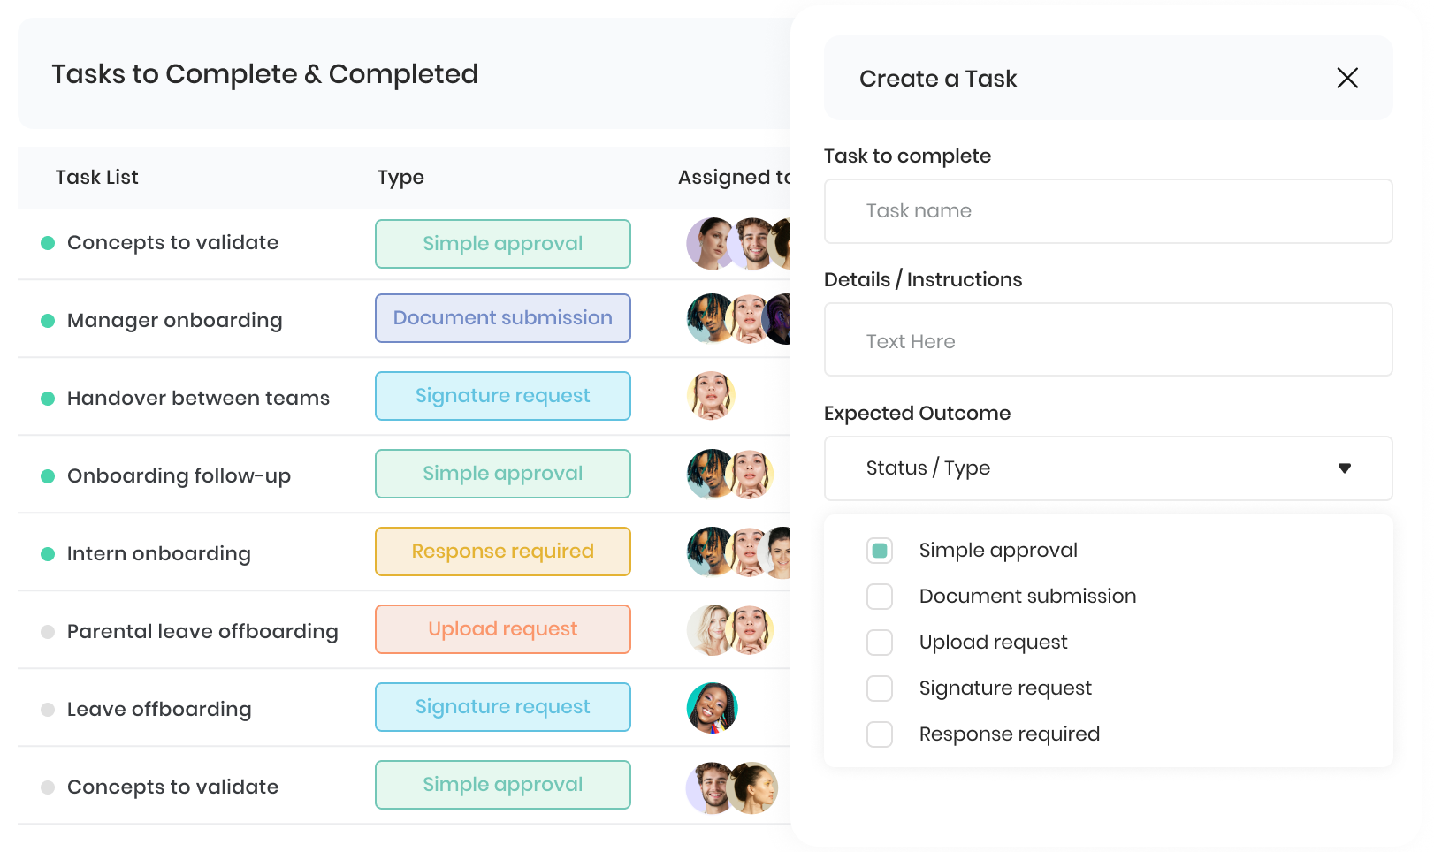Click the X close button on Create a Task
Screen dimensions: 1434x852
click(x=1347, y=78)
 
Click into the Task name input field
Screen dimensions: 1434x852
click(x=1108, y=211)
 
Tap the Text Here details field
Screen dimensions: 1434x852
click(x=1108, y=339)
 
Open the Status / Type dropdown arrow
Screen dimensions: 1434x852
click(x=1345, y=468)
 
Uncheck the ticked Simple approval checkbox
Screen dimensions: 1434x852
click(x=880, y=551)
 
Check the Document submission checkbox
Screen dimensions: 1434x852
click(x=880, y=597)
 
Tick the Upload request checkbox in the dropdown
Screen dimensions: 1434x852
click(x=880, y=642)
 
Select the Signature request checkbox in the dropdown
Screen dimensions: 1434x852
click(x=880, y=688)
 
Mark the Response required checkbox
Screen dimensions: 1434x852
click(x=880, y=734)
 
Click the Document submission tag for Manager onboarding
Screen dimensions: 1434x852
click(x=502, y=318)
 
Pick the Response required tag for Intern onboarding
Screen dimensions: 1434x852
click(x=502, y=552)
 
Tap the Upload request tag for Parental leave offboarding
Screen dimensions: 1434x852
click(x=502, y=629)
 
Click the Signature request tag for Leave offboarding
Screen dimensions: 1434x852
click(x=502, y=707)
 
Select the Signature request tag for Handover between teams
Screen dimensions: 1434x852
click(x=502, y=396)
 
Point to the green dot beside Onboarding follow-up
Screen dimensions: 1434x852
click(x=48, y=476)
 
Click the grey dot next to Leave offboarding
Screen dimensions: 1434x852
click(x=48, y=709)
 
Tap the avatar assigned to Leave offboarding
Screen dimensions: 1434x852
click(x=712, y=707)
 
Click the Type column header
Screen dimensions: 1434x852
click(x=400, y=178)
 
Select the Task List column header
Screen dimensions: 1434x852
click(x=96, y=178)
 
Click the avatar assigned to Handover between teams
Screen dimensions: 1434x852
click(x=711, y=396)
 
